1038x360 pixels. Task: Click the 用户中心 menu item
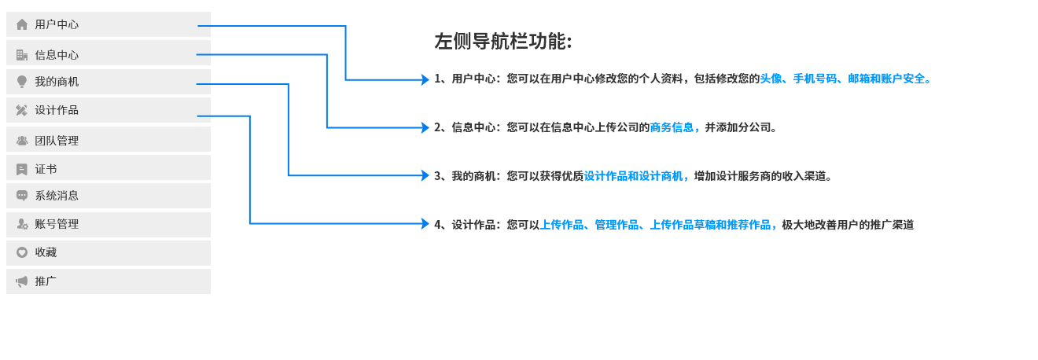(x=109, y=24)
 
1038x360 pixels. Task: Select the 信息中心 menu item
(x=109, y=53)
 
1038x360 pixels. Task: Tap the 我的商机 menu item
(x=109, y=82)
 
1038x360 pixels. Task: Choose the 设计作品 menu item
(x=109, y=110)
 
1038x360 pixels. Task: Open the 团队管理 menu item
(x=109, y=139)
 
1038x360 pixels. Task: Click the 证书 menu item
(x=109, y=167)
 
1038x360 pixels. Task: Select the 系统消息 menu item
(x=109, y=196)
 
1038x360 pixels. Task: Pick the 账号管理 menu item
(x=109, y=225)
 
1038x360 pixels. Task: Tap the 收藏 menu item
(x=109, y=253)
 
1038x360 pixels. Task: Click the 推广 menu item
(x=109, y=281)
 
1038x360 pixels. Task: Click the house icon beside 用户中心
(x=22, y=24)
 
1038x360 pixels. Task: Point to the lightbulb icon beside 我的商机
(x=22, y=82)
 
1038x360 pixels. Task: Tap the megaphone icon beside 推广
(x=22, y=281)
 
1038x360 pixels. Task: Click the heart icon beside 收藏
(x=22, y=252)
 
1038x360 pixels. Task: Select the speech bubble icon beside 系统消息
(x=22, y=196)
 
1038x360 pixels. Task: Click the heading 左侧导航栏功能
(x=503, y=41)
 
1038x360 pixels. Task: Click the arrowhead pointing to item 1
(x=425, y=79)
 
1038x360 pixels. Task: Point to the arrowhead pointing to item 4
(x=425, y=224)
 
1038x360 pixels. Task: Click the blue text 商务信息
(x=672, y=127)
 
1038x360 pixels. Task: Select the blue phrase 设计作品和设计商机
(x=634, y=176)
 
